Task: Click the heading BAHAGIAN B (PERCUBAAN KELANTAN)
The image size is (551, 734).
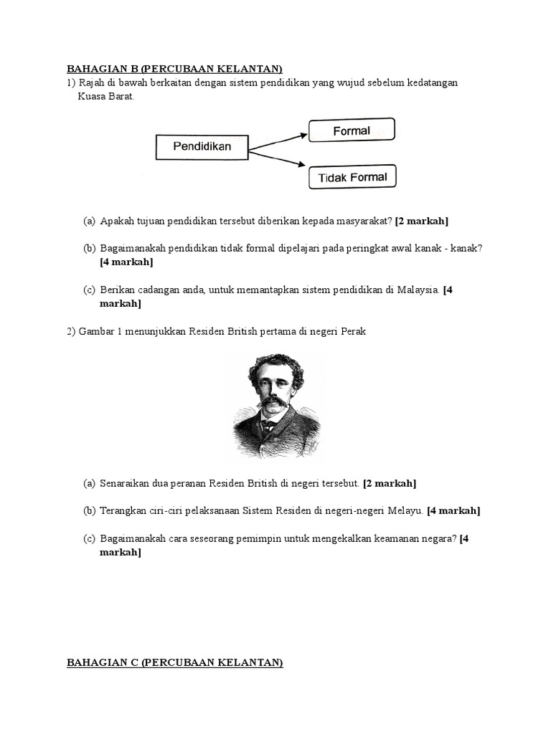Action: [174, 69]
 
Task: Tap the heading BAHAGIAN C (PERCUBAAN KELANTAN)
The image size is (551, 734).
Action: [174, 663]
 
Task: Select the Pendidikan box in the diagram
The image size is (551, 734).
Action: [202, 147]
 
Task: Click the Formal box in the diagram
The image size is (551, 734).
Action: [352, 130]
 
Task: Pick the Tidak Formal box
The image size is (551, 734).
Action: [352, 177]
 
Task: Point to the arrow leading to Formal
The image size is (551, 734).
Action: [278, 138]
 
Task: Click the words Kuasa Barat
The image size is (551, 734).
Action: [105, 96]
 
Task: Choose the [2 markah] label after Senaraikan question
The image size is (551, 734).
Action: [390, 484]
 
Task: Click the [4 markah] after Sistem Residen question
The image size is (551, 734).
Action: [453, 511]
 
